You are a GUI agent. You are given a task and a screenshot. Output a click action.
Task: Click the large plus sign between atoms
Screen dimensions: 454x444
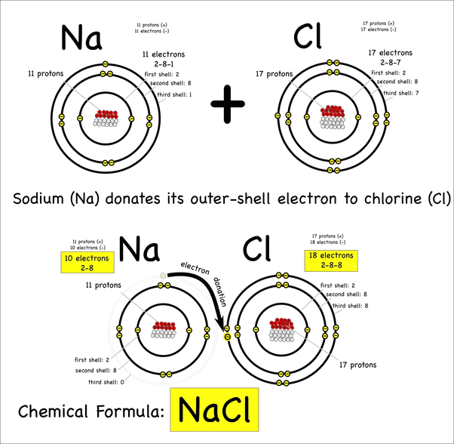(228, 103)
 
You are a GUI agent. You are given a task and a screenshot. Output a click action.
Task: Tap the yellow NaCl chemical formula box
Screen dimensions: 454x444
(214, 409)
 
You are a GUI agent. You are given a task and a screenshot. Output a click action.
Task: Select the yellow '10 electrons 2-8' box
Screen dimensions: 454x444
(87, 262)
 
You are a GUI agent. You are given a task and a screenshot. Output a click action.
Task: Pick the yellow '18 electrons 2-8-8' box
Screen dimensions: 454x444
(331, 261)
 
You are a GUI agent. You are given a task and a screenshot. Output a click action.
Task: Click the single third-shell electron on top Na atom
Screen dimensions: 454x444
(106, 63)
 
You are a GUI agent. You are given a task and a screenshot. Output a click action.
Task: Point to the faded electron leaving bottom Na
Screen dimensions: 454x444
(163, 276)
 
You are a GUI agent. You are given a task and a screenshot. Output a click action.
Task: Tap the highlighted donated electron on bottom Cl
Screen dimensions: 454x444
(227, 337)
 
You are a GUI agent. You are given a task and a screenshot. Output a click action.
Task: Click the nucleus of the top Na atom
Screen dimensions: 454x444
(106, 119)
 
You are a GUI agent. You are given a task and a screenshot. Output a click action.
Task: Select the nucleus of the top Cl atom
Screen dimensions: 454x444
(333, 117)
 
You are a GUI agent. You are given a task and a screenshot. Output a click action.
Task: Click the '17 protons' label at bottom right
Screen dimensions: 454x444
(358, 365)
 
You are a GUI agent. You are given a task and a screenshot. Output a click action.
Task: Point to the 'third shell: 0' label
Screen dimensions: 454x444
(106, 382)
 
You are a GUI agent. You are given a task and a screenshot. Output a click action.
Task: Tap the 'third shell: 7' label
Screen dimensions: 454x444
(401, 93)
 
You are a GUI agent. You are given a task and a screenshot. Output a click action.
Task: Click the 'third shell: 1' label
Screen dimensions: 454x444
(174, 94)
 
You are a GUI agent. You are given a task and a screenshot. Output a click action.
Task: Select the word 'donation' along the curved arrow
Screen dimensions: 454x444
(219, 291)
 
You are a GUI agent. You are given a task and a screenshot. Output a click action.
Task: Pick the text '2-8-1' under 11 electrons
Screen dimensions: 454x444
(164, 63)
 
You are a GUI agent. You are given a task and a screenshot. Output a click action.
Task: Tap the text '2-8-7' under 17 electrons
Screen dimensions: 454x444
(391, 63)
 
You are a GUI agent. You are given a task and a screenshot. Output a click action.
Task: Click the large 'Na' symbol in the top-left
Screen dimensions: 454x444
(81, 38)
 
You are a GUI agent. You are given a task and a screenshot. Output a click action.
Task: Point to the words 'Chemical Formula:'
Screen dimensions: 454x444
(91, 412)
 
